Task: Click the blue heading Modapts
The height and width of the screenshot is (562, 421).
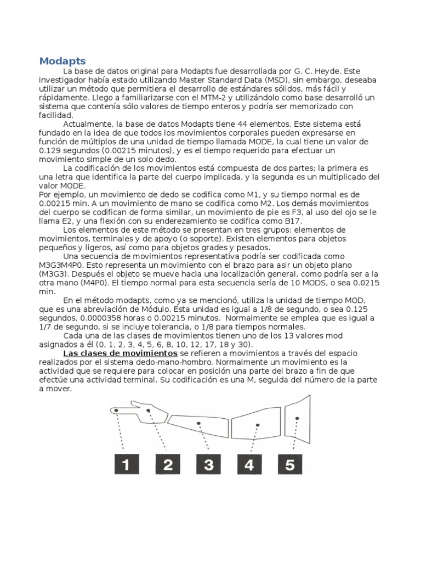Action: point(62,60)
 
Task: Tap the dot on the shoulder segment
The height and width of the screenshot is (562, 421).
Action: point(297,419)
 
